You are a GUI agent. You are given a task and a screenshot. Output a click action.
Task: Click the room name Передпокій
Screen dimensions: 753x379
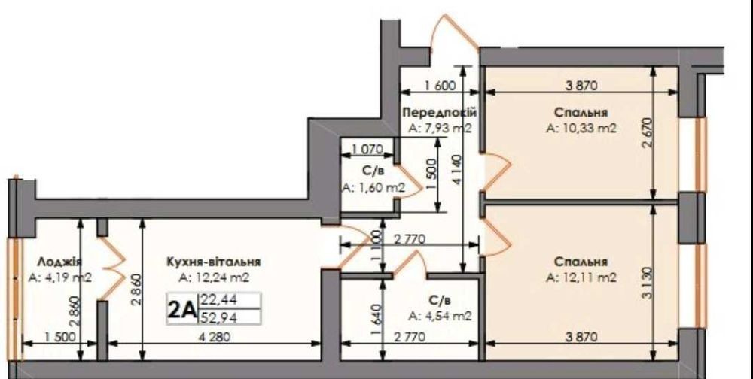(440, 112)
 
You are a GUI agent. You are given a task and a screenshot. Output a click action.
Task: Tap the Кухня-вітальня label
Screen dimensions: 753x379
(214, 262)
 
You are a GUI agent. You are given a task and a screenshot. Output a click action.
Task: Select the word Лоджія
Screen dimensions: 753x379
(59, 262)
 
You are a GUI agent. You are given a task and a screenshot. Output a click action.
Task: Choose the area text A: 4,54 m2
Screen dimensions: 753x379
(441, 316)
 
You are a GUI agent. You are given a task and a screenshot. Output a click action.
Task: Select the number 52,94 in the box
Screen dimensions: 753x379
(218, 317)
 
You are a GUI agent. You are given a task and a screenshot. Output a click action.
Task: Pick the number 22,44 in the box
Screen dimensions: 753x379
(218, 301)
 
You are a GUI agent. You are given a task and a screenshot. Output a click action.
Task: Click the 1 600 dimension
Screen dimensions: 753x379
(440, 86)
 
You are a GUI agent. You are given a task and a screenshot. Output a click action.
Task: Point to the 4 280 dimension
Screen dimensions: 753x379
(214, 337)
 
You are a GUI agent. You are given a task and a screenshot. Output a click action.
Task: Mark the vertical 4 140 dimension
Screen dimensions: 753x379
(457, 169)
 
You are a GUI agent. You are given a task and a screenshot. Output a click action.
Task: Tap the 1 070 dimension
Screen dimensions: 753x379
(367, 150)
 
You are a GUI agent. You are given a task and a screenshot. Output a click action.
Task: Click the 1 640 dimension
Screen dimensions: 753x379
(377, 319)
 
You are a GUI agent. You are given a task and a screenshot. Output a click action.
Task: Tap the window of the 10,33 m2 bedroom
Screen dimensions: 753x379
(701, 154)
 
